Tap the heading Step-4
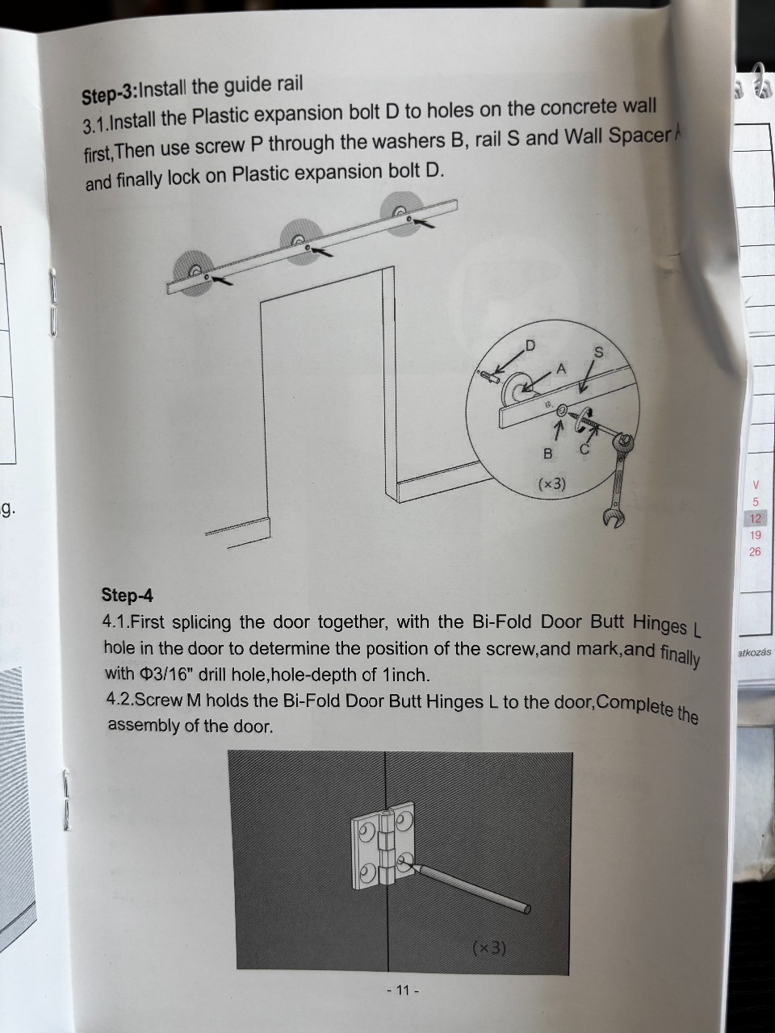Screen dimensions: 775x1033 pyautogui.click(x=127, y=596)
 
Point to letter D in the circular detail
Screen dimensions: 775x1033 pyautogui.click(x=530, y=346)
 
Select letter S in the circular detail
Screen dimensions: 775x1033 pyautogui.click(x=599, y=353)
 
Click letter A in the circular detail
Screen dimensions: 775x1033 pyautogui.click(x=561, y=369)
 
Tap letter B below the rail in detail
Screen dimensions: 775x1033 pyautogui.click(x=547, y=454)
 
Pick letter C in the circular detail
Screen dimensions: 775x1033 pyautogui.click(x=584, y=450)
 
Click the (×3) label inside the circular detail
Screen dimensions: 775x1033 pyautogui.click(x=551, y=483)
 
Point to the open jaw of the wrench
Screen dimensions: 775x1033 pyautogui.click(x=610, y=516)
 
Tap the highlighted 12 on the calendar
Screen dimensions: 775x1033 pyautogui.click(x=756, y=519)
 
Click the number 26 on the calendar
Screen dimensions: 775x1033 pyautogui.click(x=755, y=551)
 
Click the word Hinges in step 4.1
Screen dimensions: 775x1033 pyautogui.click(x=660, y=624)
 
